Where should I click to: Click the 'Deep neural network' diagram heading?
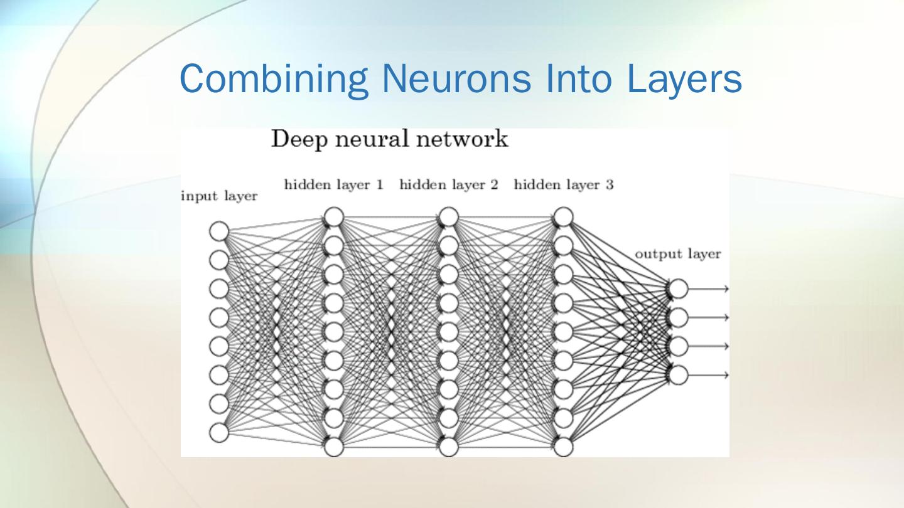(x=389, y=139)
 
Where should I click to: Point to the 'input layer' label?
(x=219, y=196)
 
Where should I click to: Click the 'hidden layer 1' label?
(x=334, y=185)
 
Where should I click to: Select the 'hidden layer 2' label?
(x=448, y=185)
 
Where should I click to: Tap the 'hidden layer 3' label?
(x=563, y=185)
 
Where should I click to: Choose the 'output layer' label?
(x=678, y=254)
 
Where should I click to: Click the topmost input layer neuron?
(x=219, y=231)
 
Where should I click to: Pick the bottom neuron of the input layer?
(x=219, y=433)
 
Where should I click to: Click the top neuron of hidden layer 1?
(x=334, y=217)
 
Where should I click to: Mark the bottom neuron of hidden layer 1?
(x=334, y=447)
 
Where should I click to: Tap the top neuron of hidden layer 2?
(x=448, y=217)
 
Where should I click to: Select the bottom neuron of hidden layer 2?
(x=448, y=447)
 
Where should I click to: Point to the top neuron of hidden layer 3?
(x=563, y=217)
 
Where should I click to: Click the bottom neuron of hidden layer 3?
(x=563, y=447)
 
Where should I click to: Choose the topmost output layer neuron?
(x=678, y=288)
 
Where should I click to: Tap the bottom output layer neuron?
(x=678, y=375)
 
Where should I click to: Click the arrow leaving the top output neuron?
(x=709, y=288)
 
